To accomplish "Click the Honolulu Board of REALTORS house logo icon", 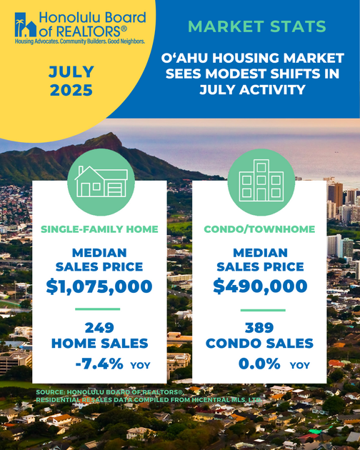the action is click(x=26, y=25).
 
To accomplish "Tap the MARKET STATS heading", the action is click(x=257, y=26).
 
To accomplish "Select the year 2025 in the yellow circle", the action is click(x=71, y=90).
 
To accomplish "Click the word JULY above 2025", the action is click(x=71, y=71).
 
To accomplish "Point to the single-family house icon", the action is click(x=101, y=181).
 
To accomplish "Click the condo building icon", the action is click(x=261, y=181).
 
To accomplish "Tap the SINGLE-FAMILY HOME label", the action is click(x=99, y=229).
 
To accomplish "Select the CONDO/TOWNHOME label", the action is click(x=259, y=229).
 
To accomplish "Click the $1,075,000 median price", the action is click(x=99, y=286).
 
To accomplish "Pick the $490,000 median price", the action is click(x=260, y=286).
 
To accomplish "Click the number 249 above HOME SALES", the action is click(x=99, y=328).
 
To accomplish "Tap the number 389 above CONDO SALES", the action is click(x=259, y=328).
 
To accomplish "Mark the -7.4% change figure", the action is click(x=99, y=364).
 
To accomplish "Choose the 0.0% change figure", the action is click(x=259, y=364).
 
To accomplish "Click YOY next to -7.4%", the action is click(x=141, y=365).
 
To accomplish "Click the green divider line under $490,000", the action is click(x=263, y=310).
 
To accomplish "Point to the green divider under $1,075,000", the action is click(x=98, y=309).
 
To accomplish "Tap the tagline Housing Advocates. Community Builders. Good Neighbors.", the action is click(x=80, y=41).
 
